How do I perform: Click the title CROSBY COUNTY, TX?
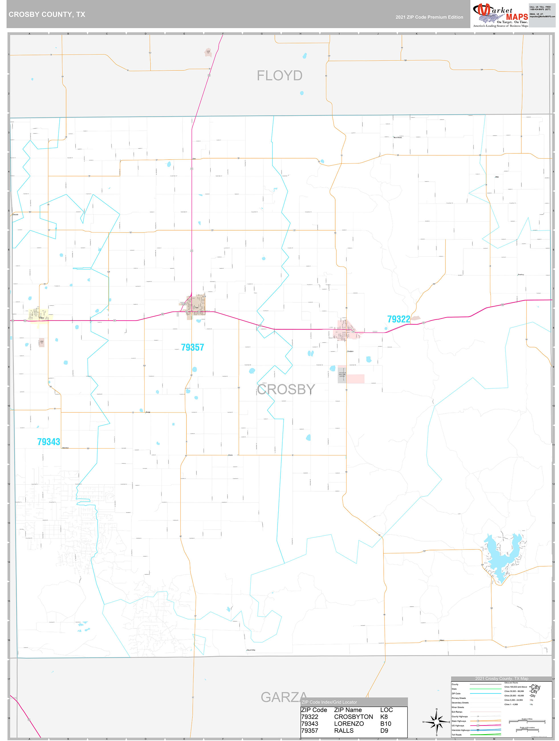point(47,15)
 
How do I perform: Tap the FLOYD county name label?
point(279,76)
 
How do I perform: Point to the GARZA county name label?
point(284,697)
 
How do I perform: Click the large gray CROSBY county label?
point(286,389)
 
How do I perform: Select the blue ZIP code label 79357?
point(192,347)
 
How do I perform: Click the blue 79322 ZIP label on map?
point(399,319)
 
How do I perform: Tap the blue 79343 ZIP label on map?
point(48,442)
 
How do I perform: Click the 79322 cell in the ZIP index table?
point(310,716)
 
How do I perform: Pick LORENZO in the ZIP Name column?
point(349,724)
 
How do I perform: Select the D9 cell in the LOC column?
point(384,731)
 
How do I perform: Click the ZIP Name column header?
point(348,710)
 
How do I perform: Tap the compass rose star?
point(436,721)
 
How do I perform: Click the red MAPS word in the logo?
point(517,17)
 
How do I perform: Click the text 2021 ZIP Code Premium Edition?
point(429,17)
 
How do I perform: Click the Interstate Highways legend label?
point(460,730)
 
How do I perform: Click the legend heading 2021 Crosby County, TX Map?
point(501,678)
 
